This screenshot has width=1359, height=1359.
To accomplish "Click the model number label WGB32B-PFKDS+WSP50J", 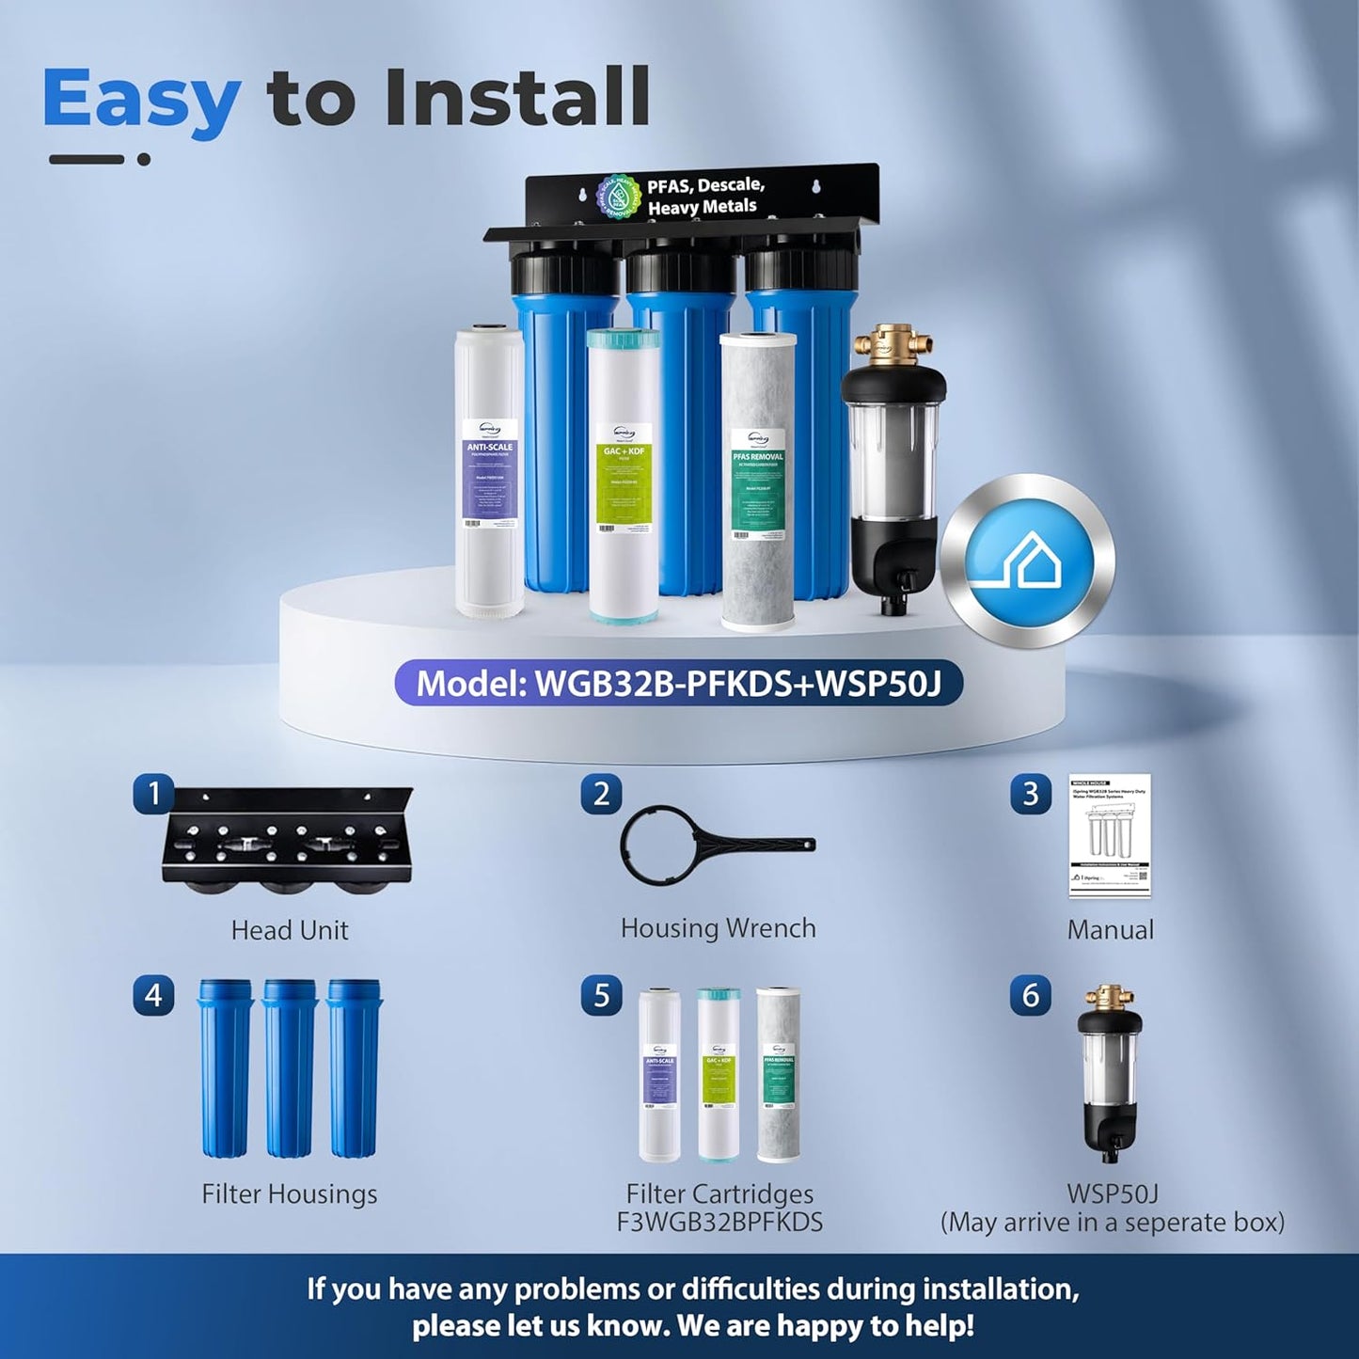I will click(678, 683).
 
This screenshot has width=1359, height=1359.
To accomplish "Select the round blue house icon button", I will click(1028, 561).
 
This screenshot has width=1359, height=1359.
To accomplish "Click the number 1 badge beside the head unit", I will click(154, 795).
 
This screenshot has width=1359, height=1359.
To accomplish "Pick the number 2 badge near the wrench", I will click(602, 795).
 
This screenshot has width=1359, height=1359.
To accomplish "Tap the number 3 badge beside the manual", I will click(1031, 795).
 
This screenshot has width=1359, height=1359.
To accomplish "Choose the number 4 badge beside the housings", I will click(154, 996).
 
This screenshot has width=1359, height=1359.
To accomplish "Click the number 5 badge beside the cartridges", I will click(602, 996).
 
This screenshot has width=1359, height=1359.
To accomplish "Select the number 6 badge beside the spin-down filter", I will click(1031, 996).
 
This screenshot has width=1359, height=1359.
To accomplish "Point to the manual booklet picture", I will click(1110, 835).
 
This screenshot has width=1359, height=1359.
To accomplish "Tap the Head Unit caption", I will click(290, 930).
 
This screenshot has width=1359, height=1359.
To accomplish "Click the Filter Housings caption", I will click(290, 1194).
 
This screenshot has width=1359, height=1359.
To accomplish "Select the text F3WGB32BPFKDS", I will click(719, 1223).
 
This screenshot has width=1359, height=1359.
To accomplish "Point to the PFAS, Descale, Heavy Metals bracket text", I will click(705, 196).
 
